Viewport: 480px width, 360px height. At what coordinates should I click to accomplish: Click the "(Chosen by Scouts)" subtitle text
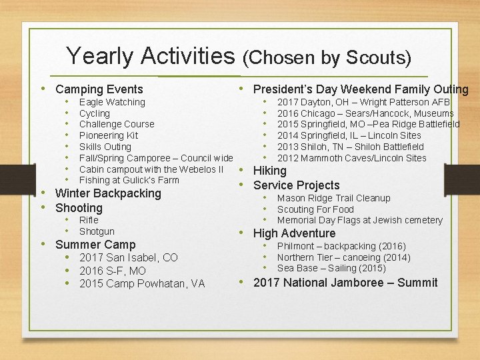327,58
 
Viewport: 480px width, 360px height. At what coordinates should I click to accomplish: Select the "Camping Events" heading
99,89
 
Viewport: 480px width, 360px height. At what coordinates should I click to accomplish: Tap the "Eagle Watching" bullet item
112,102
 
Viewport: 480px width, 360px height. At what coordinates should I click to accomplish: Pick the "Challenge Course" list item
117,124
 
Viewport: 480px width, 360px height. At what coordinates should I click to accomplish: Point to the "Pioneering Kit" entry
109,135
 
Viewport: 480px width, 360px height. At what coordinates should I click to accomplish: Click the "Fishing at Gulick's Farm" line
129,180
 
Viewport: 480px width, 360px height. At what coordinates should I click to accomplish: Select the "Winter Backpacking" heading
108,193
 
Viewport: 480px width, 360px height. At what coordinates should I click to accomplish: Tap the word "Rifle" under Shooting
89,220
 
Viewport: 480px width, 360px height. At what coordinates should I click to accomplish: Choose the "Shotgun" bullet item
97,231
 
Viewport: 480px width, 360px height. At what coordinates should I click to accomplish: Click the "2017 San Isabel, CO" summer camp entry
129,257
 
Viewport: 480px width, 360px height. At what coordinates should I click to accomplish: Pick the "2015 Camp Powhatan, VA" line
142,284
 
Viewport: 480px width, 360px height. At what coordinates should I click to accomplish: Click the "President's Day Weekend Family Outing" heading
361,89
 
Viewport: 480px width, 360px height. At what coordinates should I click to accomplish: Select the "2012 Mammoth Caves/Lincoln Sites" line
351,158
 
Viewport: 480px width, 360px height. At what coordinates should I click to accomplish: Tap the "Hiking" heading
270,171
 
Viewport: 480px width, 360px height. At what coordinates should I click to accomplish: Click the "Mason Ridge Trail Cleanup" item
333,198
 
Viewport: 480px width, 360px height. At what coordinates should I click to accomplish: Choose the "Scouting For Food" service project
315,209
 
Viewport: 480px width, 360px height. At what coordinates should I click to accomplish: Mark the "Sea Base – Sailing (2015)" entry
331,268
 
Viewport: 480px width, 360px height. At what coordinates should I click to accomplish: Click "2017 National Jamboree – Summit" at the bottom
345,283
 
